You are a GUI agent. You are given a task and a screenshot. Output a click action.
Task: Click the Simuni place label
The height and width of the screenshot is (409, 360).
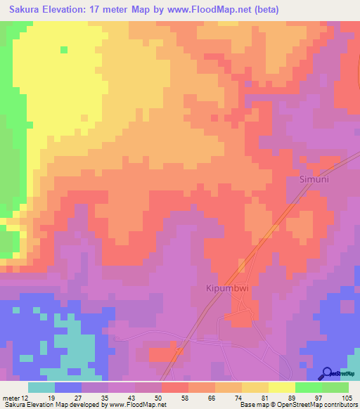click(310, 179)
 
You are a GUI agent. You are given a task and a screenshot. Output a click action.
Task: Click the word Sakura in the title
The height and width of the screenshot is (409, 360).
click(26, 9)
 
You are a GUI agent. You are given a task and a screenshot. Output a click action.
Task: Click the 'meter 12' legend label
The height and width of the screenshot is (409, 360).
click(15, 397)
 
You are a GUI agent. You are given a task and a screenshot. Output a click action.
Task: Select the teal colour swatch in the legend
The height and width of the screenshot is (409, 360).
click(41, 387)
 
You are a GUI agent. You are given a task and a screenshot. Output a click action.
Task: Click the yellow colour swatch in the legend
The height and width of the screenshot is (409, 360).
click(281, 387)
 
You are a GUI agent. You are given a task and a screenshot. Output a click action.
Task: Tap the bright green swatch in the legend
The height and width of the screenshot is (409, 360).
click(308, 387)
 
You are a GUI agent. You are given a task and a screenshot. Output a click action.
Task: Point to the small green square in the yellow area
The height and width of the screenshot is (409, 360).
click(64, 49)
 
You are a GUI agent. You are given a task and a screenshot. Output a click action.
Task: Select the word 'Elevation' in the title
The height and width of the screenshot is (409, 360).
click(71, 9)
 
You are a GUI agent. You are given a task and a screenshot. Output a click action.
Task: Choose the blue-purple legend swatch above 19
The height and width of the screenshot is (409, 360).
click(68, 387)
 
